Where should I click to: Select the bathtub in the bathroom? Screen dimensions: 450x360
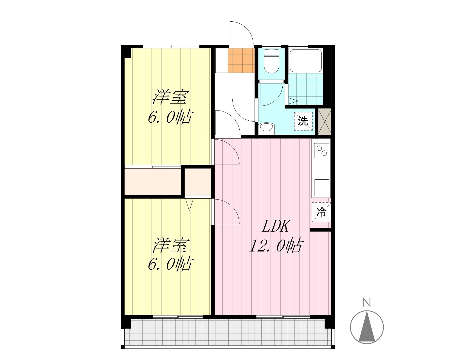305,61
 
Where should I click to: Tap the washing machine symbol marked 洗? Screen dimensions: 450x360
303,121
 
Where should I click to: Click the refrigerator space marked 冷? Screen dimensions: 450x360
321,212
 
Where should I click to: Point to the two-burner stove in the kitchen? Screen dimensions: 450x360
321,151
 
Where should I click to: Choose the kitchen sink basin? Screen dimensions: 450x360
321,188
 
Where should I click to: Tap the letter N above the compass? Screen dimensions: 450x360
367,303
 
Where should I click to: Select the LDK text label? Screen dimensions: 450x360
276,226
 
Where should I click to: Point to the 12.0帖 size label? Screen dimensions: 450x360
276,245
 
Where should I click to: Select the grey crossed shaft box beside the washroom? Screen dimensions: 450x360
325,121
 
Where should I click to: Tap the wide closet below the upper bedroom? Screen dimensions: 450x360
153,181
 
